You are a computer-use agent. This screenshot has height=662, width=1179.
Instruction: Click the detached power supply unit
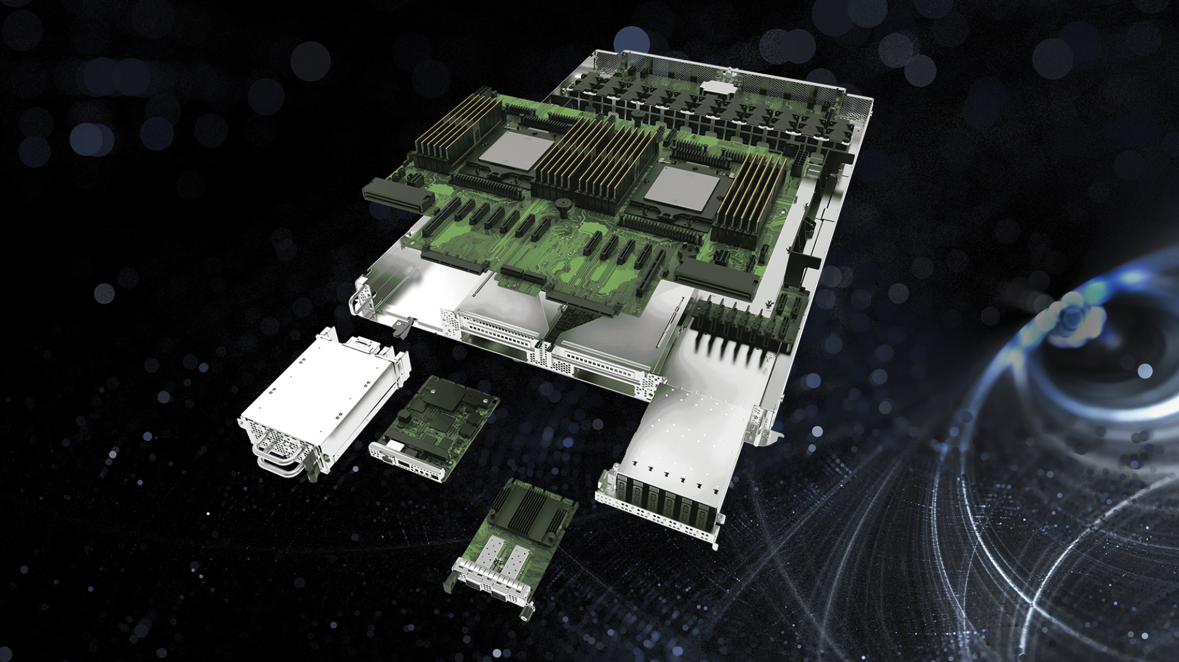coord(318,401)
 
